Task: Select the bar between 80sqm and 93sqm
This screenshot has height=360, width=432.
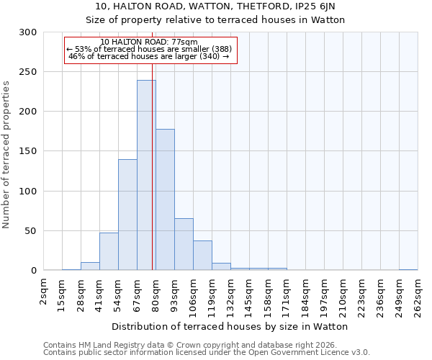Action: [165, 199]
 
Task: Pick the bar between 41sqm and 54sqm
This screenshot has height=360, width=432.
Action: [109, 251]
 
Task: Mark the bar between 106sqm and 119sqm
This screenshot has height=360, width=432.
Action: [202, 256]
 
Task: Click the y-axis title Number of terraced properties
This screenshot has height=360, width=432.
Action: [6, 154]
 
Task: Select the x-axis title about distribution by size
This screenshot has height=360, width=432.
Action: [230, 326]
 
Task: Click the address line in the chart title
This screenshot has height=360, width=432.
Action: [215, 6]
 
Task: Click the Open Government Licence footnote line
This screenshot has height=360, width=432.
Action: [207, 353]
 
